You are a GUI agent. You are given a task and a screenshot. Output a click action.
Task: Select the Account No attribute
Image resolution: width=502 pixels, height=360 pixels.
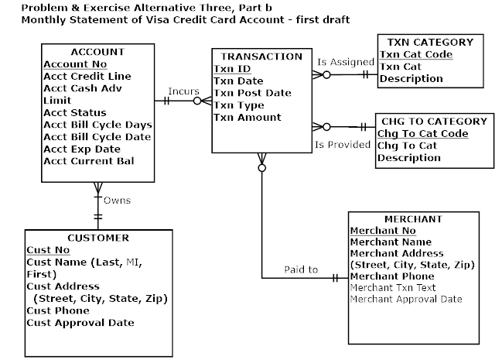point(74,64)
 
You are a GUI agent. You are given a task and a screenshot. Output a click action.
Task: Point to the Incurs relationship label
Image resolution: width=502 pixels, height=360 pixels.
point(183,92)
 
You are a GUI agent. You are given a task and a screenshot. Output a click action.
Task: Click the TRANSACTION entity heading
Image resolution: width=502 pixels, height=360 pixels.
point(261,57)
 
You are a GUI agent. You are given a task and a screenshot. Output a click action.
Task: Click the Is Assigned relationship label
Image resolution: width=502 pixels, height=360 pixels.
point(341,61)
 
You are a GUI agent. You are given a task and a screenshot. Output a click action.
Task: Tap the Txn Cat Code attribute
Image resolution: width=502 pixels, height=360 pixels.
point(415,55)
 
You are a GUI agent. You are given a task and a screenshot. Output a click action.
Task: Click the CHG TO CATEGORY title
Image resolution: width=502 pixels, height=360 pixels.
point(432,122)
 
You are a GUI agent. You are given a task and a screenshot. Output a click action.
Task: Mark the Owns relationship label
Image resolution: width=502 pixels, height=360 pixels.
point(118,201)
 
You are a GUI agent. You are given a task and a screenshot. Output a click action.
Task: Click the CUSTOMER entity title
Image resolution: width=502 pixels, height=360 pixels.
point(97,238)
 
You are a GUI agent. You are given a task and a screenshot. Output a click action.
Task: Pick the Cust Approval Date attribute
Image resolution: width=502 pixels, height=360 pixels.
point(80,323)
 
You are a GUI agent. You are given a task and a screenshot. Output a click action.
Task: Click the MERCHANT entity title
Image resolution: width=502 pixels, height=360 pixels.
point(412,219)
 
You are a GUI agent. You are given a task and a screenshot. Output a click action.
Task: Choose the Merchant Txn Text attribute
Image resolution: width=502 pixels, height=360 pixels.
point(393,287)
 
